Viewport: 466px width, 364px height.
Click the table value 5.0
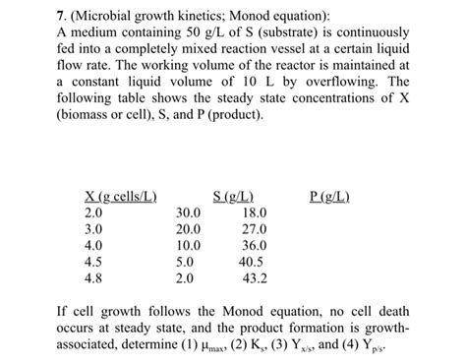[188, 263]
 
